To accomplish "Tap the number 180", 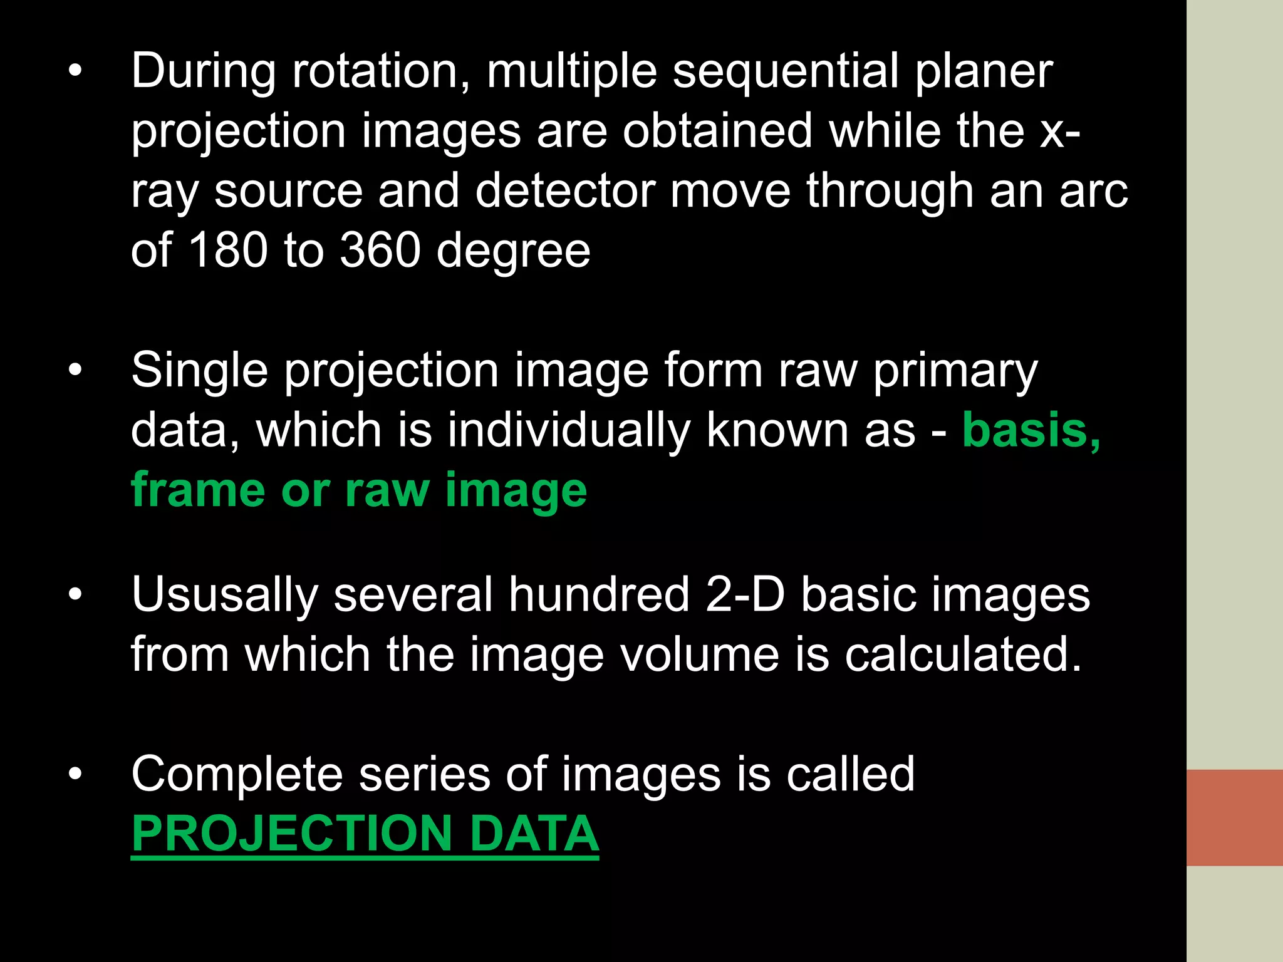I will pos(227,251).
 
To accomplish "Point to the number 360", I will pos(380,251).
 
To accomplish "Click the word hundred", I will pos(599,594).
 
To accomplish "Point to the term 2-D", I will pos(745,594).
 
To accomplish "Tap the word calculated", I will pos(963,654).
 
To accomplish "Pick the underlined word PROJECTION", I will pos(292,834).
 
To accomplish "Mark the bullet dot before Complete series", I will pos(75,774).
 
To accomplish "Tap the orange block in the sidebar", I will pos(1234,817).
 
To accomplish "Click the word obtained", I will pos(717,132).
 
